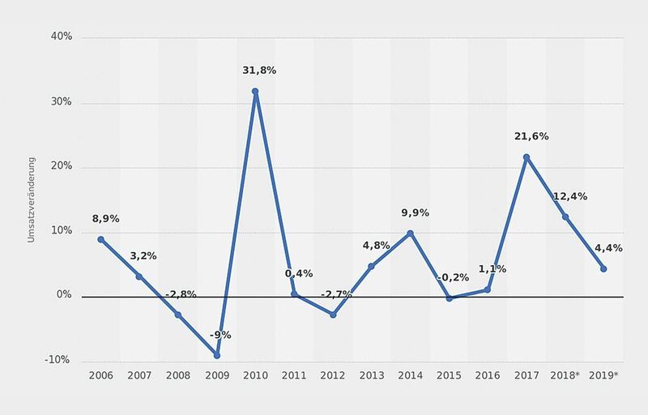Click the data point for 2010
[x=255, y=92]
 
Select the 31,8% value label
[x=259, y=71]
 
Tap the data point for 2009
[x=216, y=355]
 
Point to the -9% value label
[x=220, y=335]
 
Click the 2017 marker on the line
[x=526, y=157]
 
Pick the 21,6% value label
[x=531, y=136]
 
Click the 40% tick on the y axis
[x=62, y=37]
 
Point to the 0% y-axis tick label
[x=64, y=296]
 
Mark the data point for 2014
[x=410, y=233]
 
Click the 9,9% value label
[x=415, y=213]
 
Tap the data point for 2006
[x=100, y=239]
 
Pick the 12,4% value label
[x=570, y=196]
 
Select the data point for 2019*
[x=604, y=268]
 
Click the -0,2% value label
[x=453, y=278]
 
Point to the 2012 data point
[x=333, y=314]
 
